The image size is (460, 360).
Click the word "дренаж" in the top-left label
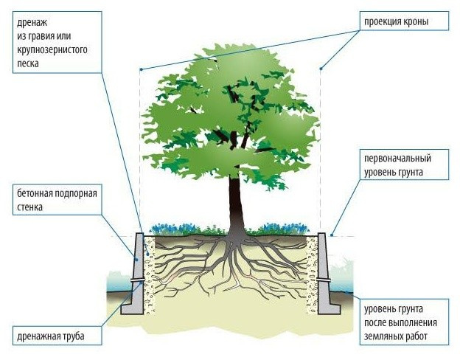coord(32,21)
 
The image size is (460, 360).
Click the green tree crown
coord(229,111)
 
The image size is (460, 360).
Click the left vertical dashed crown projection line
coord(140,148)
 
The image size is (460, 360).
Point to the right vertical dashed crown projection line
coord(321,148)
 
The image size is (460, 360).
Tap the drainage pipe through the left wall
coord(136,281)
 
